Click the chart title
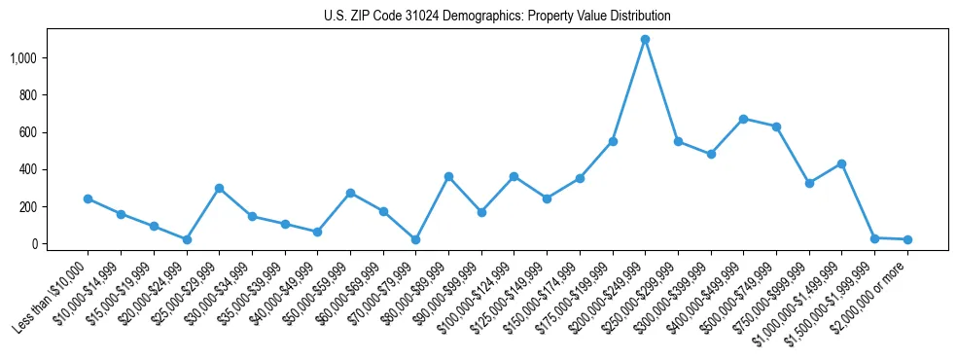[497, 17]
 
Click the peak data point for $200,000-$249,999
[645, 40]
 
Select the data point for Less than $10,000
[88, 198]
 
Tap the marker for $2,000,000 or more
[907, 239]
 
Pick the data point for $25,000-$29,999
[219, 188]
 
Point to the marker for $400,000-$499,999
[743, 119]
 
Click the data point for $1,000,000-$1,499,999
[841, 163]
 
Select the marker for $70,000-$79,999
[415, 239]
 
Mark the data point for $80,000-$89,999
[448, 176]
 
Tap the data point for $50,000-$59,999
[350, 193]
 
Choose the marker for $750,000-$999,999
[809, 183]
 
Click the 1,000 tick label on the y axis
[22, 58]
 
